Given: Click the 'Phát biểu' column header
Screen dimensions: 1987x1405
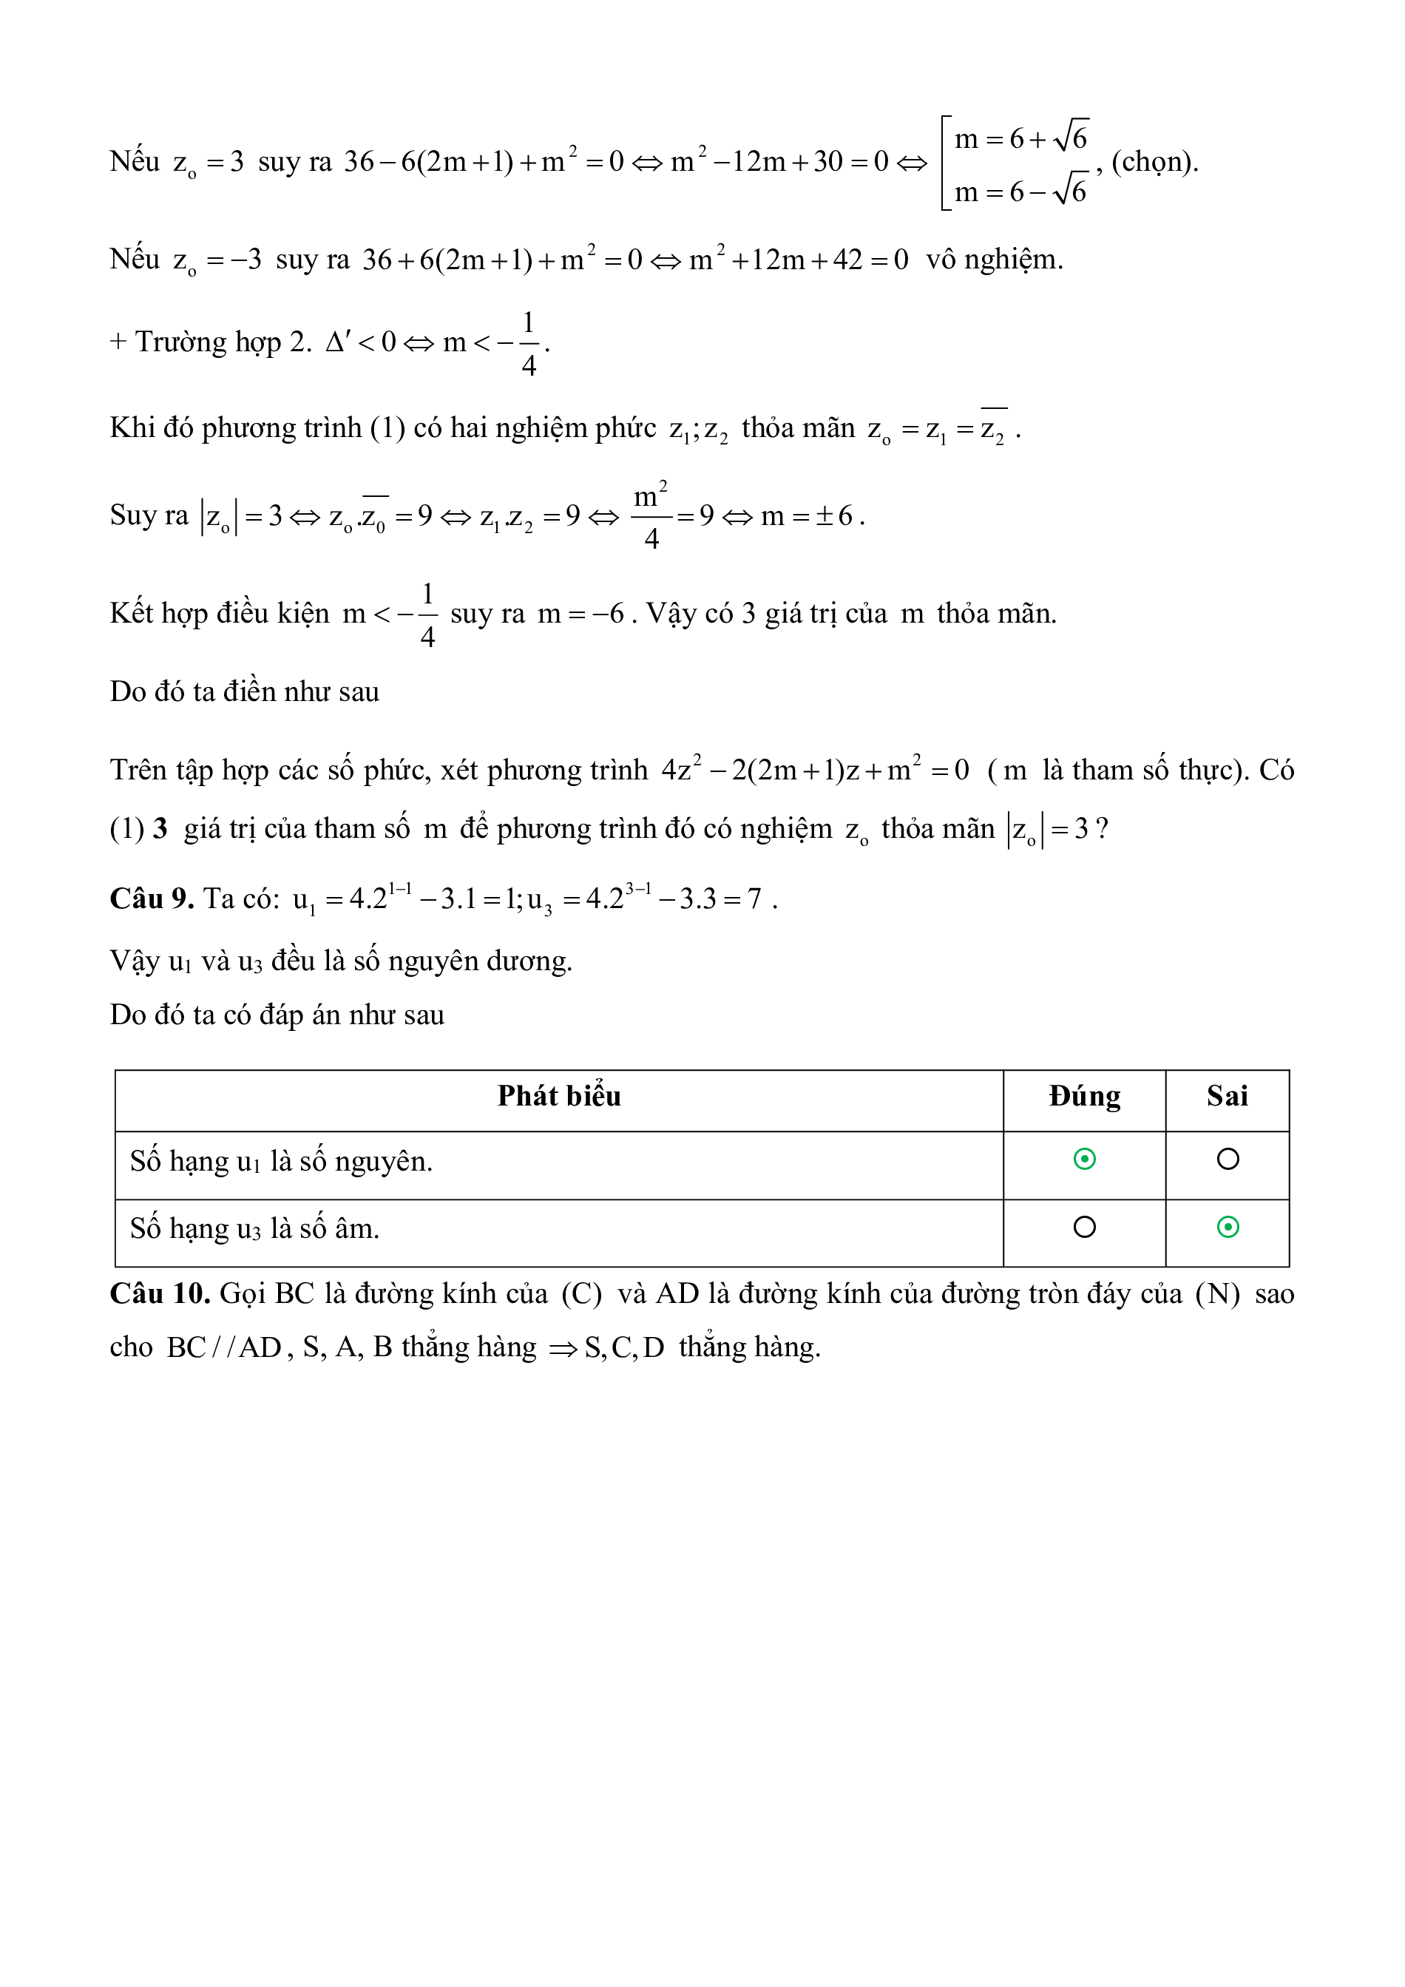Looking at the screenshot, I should [559, 1097].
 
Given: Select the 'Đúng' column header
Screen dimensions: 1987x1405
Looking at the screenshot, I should [1084, 1097].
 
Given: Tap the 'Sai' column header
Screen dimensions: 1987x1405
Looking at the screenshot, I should [1227, 1097].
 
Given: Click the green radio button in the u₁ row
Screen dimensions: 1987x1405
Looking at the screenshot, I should [1084, 1159].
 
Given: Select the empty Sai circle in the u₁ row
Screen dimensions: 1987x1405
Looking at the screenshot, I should [1228, 1159].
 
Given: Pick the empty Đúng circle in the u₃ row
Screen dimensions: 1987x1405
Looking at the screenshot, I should [1084, 1227].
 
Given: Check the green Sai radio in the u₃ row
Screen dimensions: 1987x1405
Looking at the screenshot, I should [1228, 1227].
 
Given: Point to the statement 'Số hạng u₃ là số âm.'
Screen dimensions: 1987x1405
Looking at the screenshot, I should [254, 1229].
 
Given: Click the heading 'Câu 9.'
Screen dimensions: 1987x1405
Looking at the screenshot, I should [152, 899].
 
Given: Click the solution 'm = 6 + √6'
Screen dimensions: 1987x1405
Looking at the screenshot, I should [1021, 138].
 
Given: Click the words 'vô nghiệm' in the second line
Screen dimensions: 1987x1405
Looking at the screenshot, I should [993, 260].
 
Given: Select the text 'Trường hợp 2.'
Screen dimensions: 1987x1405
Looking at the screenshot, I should [223, 342].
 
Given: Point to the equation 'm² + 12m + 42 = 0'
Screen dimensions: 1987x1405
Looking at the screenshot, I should [799, 260].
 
